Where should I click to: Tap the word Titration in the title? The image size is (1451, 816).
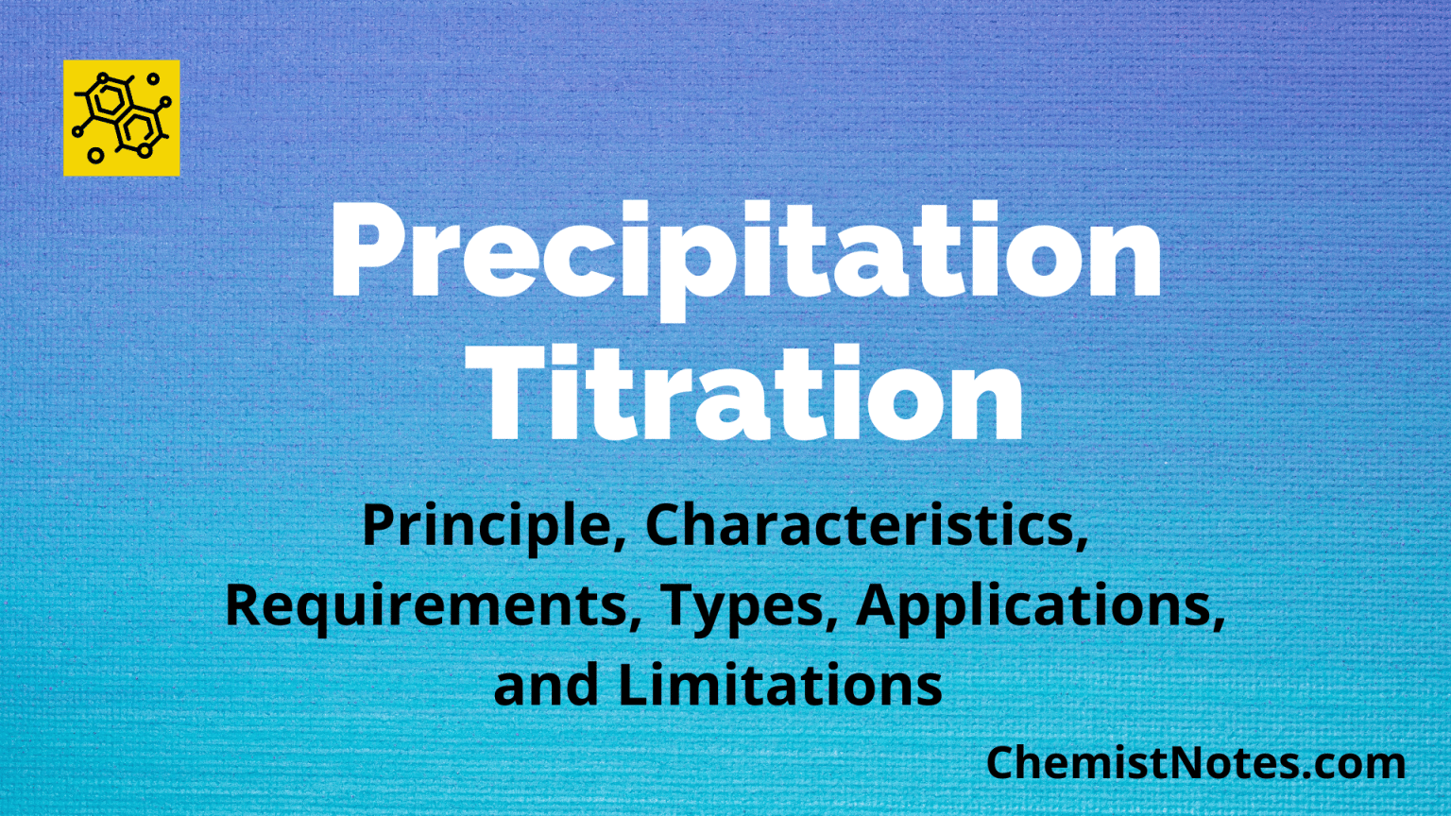(x=752, y=395)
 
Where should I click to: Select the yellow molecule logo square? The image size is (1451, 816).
(x=121, y=118)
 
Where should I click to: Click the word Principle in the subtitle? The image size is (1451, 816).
(x=486, y=527)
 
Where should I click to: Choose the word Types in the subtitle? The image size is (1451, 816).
(x=742, y=606)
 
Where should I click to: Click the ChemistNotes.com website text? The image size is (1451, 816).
(x=1195, y=763)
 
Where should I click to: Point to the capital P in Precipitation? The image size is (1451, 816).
(x=368, y=250)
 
